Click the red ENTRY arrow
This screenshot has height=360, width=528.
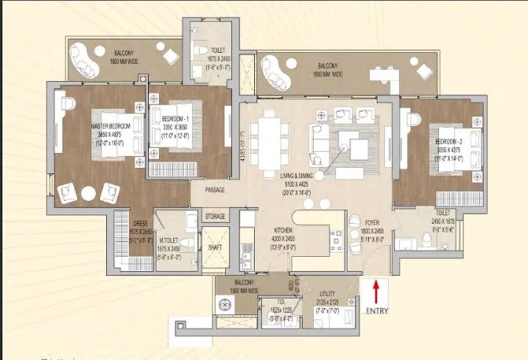point(376,291)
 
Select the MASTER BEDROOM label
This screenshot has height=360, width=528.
point(110,126)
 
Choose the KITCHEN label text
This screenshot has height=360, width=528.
point(282,229)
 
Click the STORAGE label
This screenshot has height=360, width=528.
point(215,217)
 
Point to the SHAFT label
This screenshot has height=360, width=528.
point(215,249)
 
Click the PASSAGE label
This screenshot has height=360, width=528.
point(215,189)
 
